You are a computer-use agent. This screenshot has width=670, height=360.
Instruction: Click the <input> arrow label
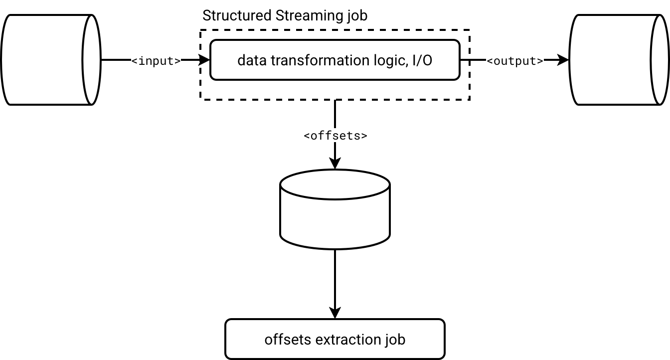point(156,61)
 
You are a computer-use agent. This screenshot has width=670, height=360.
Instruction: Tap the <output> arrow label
point(515,61)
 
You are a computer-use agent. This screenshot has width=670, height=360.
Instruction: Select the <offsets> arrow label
point(335,135)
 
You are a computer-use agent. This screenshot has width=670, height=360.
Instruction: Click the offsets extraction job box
point(335,339)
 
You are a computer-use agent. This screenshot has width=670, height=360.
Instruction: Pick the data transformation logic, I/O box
point(335,60)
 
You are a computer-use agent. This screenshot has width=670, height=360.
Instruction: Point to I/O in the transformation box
point(421,60)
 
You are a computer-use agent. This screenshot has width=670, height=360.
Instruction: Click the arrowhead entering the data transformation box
point(204,60)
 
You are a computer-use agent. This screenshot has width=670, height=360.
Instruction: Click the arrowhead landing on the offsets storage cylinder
point(335,164)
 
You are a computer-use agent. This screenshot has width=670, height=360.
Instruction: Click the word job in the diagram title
point(356,15)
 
